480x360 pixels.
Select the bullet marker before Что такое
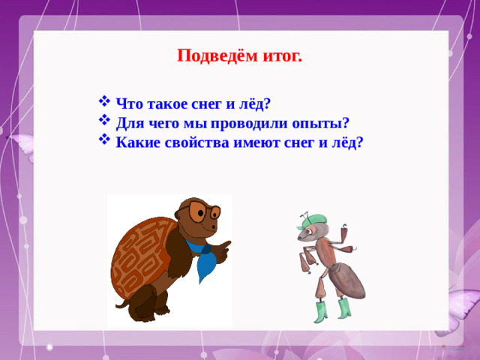[104, 103]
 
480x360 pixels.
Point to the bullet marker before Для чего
[104, 121]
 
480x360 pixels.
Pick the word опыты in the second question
[323, 123]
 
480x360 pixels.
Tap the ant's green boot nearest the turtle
[319, 310]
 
